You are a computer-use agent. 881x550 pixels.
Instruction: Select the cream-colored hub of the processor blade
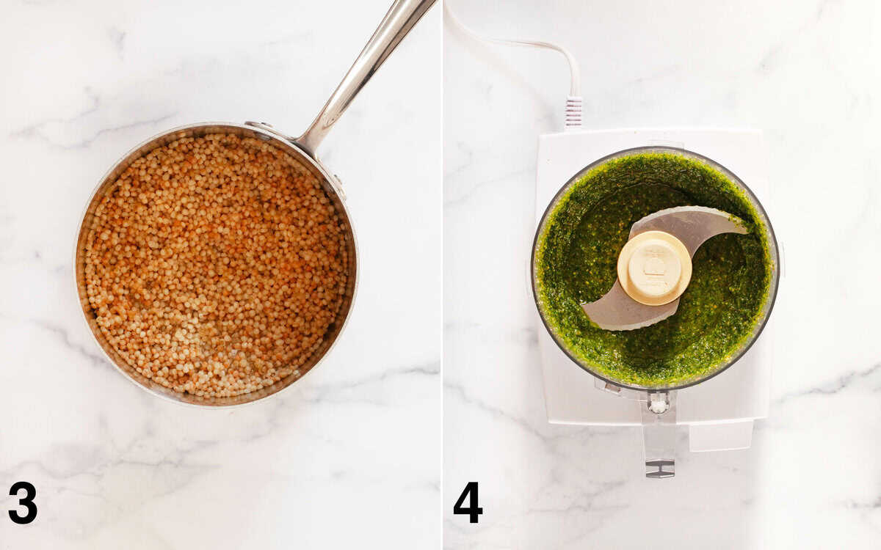[x=654, y=268]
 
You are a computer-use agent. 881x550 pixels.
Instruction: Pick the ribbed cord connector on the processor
[x=573, y=111]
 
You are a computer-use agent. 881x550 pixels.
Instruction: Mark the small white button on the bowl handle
[x=659, y=404]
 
